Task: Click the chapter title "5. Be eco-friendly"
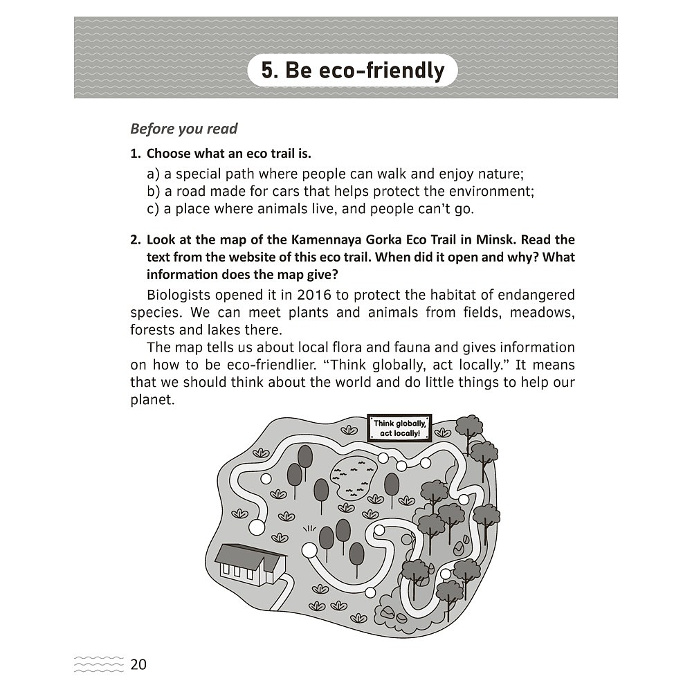tap(353, 70)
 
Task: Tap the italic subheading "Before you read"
tap(183, 129)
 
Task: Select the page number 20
tap(138, 664)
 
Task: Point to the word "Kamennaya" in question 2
tap(329, 239)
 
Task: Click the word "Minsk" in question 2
tap(496, 239)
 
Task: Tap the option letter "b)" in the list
tap(153, 192)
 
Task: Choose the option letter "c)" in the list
tap(153, 209)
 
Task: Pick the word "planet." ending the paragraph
tap(153, 400)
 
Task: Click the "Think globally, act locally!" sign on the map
tap(399, 428)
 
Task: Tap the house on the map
tap(251, 565)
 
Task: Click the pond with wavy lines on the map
tap(354, 478)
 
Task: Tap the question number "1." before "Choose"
tap(136, 154)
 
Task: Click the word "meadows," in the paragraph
tap(542, 313)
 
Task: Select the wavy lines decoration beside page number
tap(99, 664)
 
